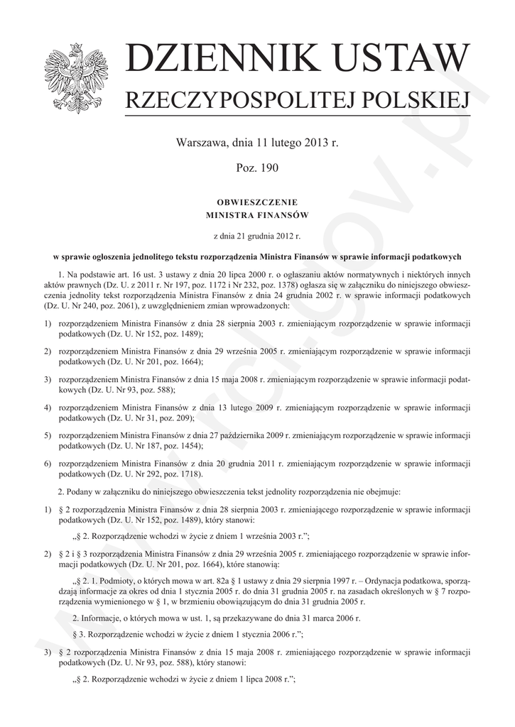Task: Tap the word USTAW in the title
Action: click(403, 60)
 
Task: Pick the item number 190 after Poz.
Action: click(269, 168)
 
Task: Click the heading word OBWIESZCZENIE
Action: click(257, 202)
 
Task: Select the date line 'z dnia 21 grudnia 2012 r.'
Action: click(257, 235)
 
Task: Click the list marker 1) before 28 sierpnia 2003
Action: click(48, 324)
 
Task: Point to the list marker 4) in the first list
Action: click(48, 410)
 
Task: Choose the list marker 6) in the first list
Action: click(48, 464)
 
